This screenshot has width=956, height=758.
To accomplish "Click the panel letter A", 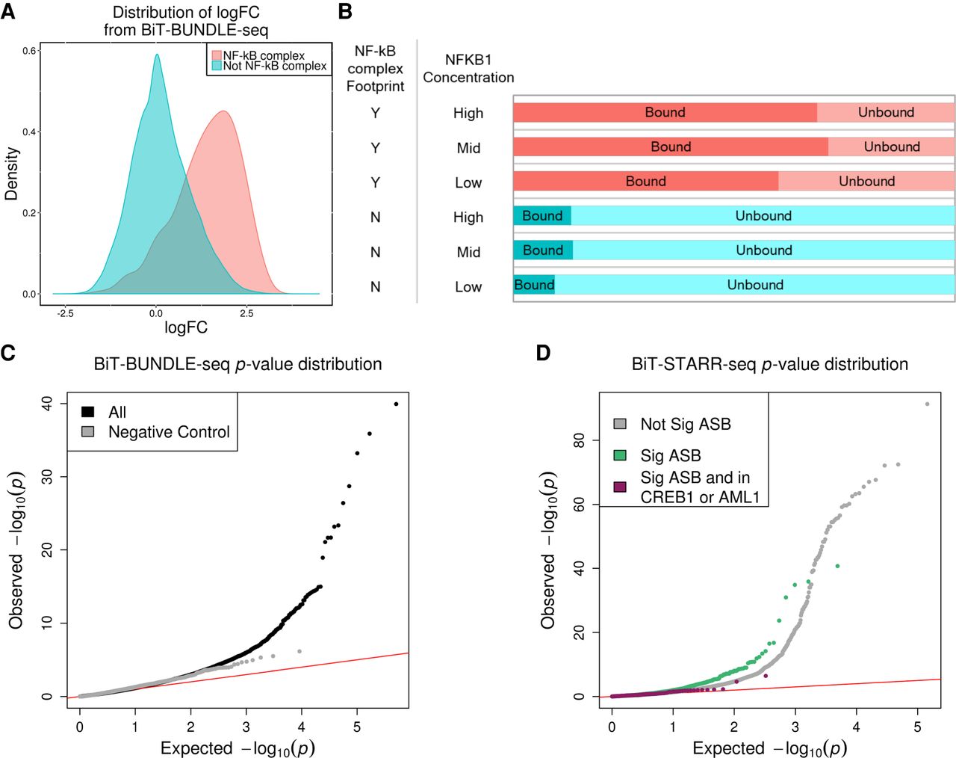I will pyautogui.click(x=8, y=12).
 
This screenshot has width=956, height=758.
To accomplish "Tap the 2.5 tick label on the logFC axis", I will pyautogui.click(x=246, y=313).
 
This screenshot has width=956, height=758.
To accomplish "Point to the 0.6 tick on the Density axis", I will pyautogui.click(x=31, y=51).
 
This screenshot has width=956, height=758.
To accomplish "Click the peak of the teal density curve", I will pyautogui.click(x=157, y=54).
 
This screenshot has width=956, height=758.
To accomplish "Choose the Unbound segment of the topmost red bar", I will pyautogui.click(x=886, y=112).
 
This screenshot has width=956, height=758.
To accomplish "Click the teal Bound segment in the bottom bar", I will pyautogui.click(x=534, y=285).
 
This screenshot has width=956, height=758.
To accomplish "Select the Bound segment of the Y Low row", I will pyautogui.click(x=645, y=181).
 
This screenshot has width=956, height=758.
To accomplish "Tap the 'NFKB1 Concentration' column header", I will pyautogui.click(x=468, y=68).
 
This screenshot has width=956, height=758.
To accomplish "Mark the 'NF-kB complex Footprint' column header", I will pyautogui.click(x=375, y=68).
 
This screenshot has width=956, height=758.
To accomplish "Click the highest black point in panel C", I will pyautogui.click(x=396, y=404).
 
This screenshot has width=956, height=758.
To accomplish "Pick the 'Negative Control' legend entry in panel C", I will pyautogui.click(x=169, y=432).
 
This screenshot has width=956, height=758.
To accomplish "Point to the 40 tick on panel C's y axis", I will pyautogui.click(x=47, y=404).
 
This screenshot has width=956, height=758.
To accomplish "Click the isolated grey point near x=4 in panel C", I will pyautogui.click(x=299, y=651).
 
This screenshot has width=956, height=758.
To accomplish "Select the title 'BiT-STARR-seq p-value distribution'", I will pyautogui.click(x=769, y=364).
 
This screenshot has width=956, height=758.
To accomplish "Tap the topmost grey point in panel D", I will pyautogui.click(x=927, y=404).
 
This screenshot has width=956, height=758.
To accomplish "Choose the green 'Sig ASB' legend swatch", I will pyautogui.click(x=620, y=455).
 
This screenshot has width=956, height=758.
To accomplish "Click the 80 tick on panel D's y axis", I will pyautogui.click(x=579, y=440).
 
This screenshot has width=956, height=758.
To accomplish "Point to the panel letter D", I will pyautogui.click(x=543, y=352).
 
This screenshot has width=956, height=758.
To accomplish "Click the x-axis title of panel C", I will pyautogui.click(x=237, y=748).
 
